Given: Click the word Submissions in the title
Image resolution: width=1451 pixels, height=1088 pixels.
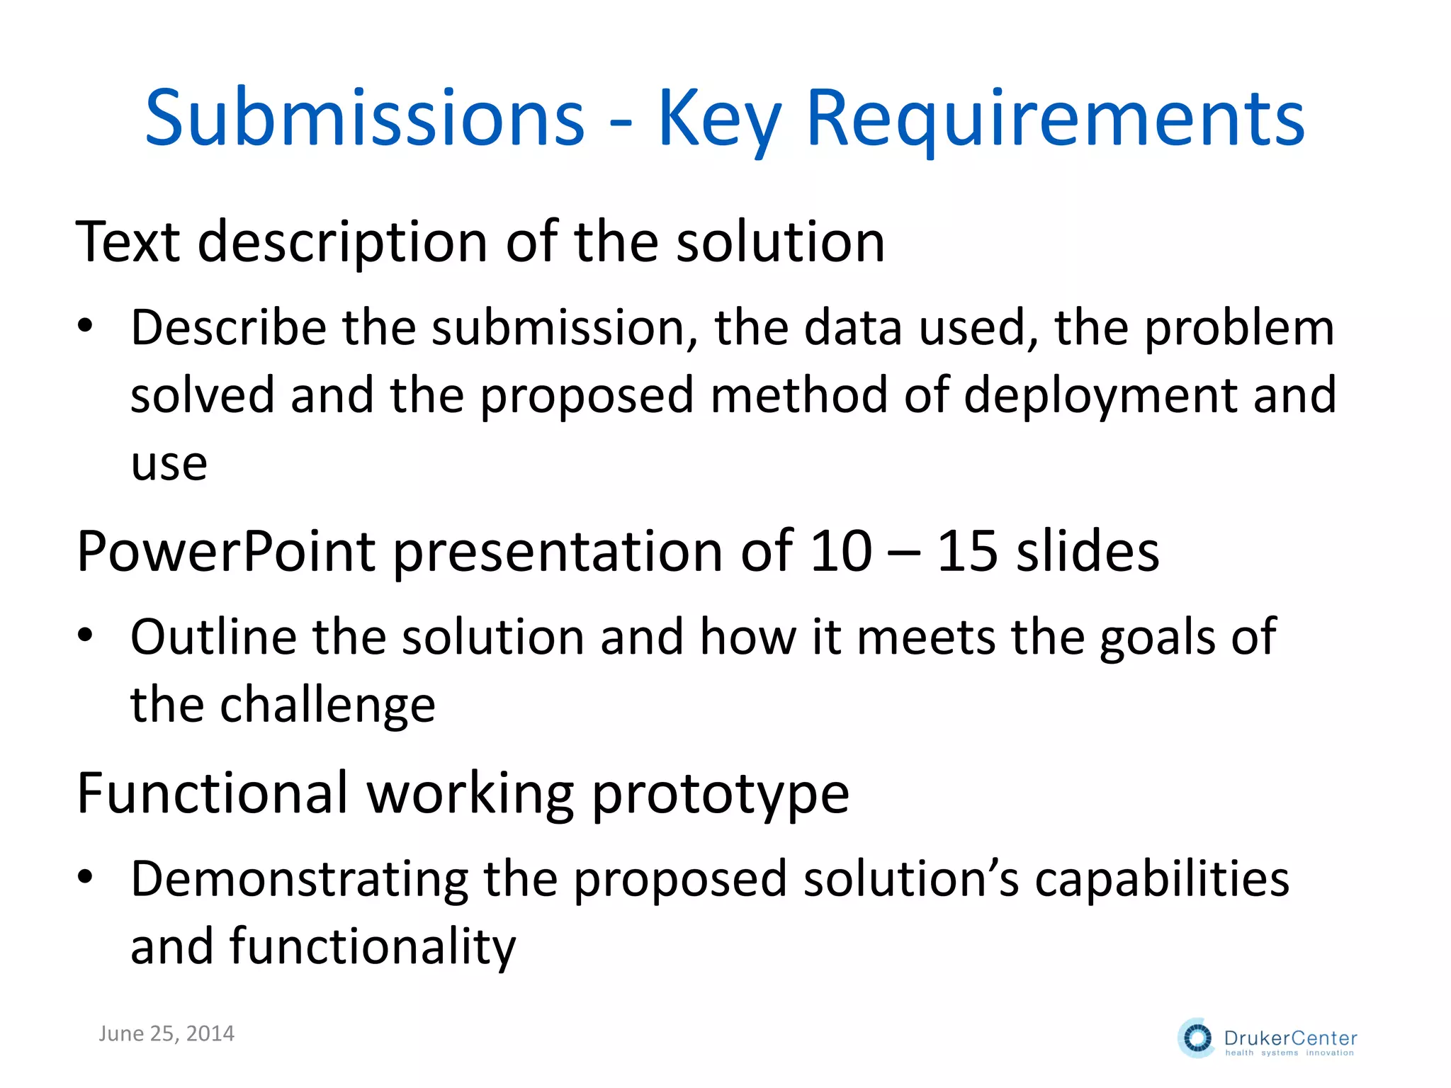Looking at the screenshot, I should click(365, 118).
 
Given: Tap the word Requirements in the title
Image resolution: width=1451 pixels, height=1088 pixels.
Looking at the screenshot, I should click(1055, 118).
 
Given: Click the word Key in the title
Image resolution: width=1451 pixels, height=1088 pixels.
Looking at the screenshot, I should click(719, 118).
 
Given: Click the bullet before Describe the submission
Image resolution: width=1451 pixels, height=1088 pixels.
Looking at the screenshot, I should click(86, 327).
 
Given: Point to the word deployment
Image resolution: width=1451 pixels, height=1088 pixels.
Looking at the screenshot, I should click(1102, 395).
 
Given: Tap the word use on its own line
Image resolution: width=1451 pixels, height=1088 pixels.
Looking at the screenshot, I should click(169, 464).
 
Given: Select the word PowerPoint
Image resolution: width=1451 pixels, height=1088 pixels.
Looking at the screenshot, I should click(226, 552).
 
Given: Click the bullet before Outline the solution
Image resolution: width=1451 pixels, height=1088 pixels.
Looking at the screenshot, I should click(86, 636).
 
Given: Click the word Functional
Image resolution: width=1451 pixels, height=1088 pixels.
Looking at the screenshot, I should click(213, 793).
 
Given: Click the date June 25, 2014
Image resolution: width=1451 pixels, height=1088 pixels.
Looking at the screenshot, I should click(166, 1033).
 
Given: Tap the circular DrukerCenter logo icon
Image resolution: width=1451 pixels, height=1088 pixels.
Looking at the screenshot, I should click(1197, 1038).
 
